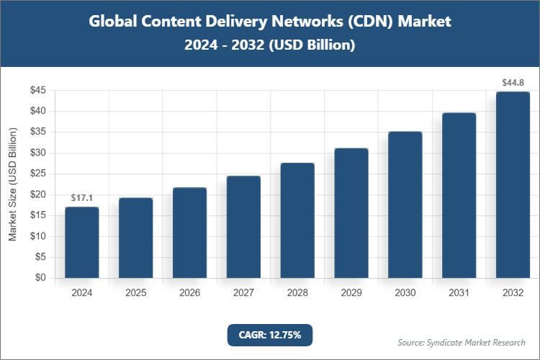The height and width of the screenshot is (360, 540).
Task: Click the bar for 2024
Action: click(x=81, y=242)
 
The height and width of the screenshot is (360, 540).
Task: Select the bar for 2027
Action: click(x=243, y=227)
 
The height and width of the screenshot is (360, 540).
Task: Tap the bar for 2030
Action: click(x=405, y=204)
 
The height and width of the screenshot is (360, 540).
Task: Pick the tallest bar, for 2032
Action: click(x=513, y=184)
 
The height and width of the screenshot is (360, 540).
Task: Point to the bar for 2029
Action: click(x=351, y=212)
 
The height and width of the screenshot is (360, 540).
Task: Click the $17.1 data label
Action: click(x=81, y=197)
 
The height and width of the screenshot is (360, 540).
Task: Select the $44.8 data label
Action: click(x=513, y=83)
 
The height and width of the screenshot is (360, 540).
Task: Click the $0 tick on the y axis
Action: click(x=40, y=278)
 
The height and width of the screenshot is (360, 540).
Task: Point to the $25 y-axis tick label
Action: click(x=37, y=174)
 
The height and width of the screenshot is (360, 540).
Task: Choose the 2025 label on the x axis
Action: click(x=135, y=293)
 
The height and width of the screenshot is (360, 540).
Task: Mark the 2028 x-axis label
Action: click(x=297, y=293)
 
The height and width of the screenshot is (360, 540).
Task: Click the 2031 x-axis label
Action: click(x=459, y=293)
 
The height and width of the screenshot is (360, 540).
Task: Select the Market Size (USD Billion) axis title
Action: click(x=12, y=184)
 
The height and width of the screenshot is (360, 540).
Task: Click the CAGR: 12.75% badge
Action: click(x=270, y=335)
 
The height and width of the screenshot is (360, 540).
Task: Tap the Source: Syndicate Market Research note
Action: click(x=461, y=342)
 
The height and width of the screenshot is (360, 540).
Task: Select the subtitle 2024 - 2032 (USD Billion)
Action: click(x=270, y=45)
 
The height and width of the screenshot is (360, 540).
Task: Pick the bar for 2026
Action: click(x=189, y=233)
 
